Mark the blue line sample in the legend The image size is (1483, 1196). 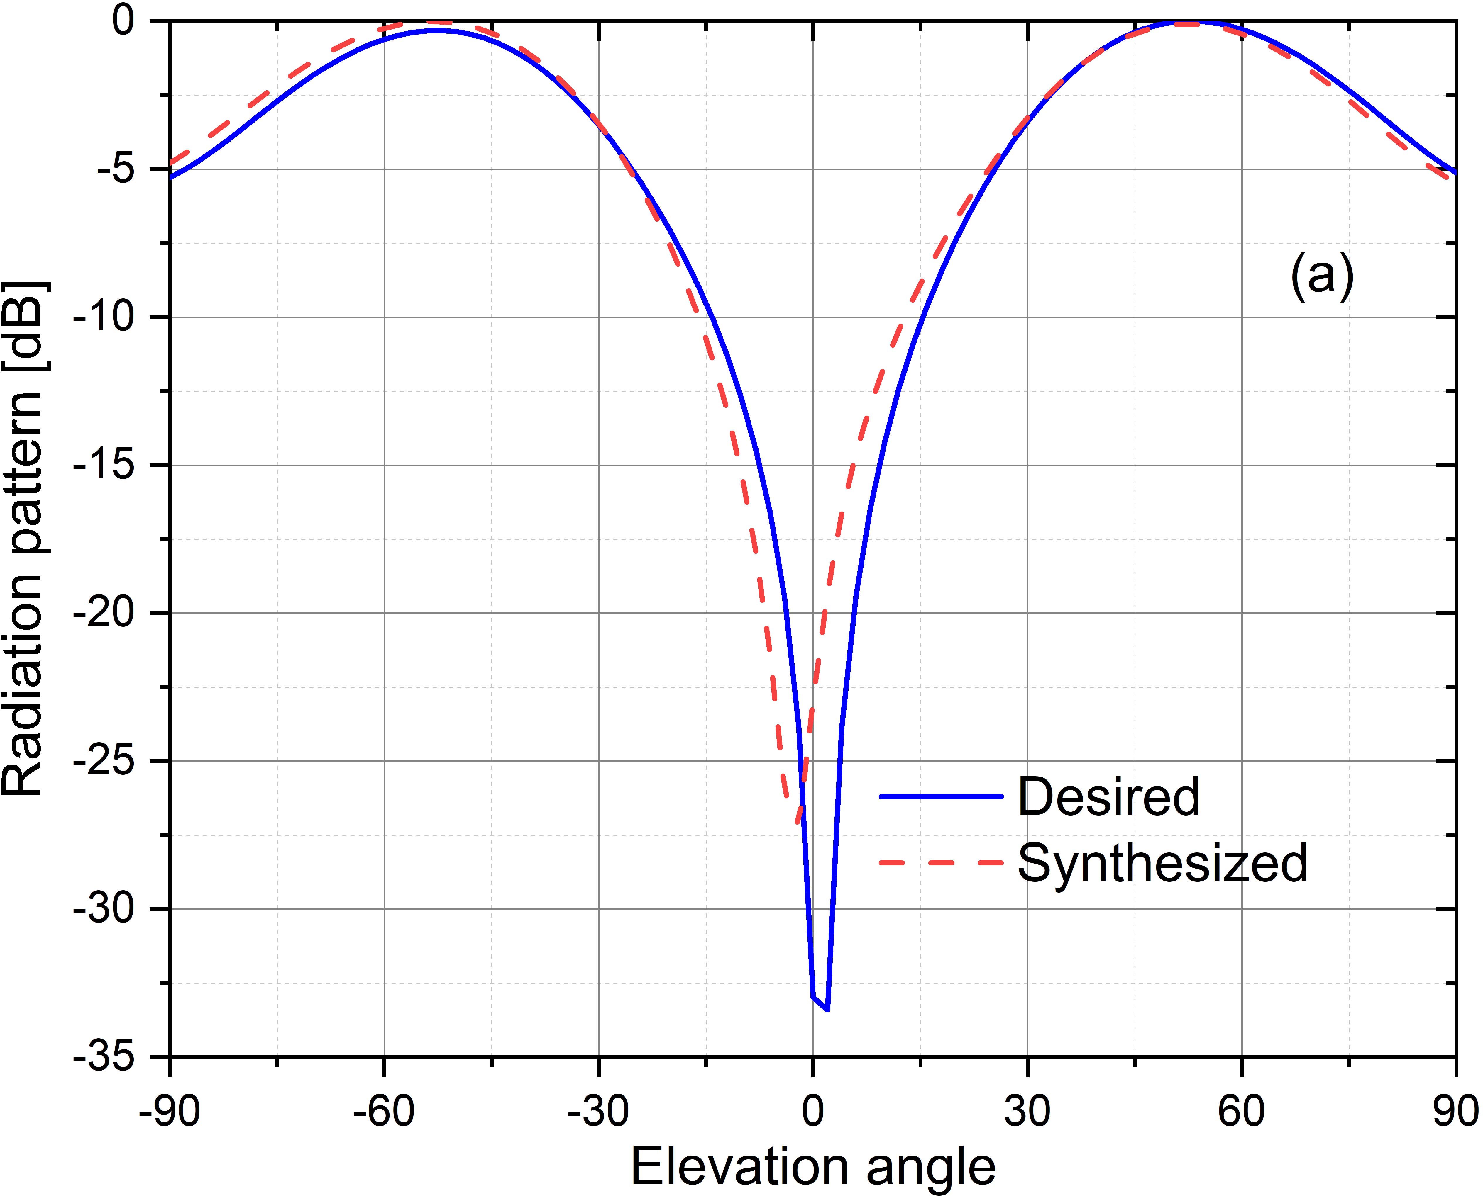[x=941, y=796]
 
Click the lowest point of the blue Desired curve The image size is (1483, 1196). [x=827, y=1010]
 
